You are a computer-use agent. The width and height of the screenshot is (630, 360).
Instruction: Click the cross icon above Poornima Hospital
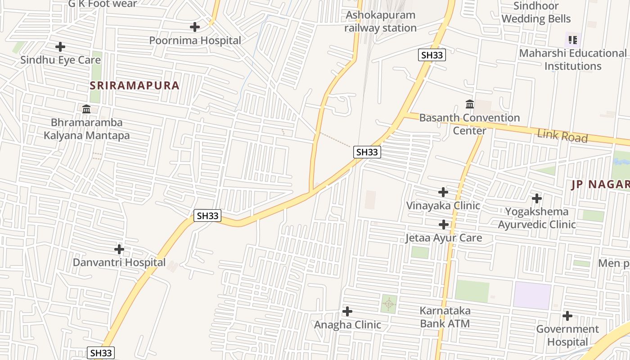[194, 27]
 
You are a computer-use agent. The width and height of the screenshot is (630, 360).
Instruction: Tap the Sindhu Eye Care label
[60, 60]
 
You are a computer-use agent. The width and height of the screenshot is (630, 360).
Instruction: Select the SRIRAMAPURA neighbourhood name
[135, 85]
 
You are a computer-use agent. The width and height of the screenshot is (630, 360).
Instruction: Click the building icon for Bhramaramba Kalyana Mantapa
[86, 109]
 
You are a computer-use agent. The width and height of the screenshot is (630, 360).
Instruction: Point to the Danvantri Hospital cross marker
[119, 249]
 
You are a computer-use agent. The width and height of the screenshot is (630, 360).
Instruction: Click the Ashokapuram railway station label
[380, 21]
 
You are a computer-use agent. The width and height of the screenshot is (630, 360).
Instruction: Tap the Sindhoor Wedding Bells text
[536, 12]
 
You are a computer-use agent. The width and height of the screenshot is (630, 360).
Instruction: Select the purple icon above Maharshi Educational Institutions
[572, 40]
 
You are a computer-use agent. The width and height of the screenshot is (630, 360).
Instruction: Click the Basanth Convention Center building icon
[470, 104]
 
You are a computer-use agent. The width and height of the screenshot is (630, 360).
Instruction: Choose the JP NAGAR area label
[600, 184]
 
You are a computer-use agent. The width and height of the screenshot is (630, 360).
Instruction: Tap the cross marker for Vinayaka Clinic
[443, 192]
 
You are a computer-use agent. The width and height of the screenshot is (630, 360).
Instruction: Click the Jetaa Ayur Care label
[443, 238]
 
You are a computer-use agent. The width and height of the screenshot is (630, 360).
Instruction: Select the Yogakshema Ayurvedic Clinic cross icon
[536, 198]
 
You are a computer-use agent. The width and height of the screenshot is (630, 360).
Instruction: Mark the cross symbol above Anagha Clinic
[347, 311]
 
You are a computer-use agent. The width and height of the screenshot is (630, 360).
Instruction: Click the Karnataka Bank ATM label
[445, 317]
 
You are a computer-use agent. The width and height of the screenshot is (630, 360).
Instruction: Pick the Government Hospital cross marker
[567, 316]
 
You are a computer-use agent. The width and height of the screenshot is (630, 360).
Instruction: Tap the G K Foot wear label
[103, 4]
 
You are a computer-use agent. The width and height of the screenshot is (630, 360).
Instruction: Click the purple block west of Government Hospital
[532, 296]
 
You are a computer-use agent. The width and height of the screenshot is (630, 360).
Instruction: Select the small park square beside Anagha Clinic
[388, 304]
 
